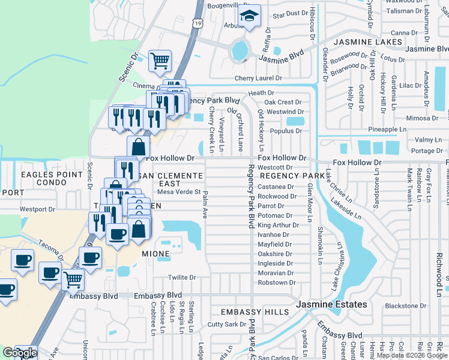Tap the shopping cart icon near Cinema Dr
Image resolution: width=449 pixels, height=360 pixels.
click(160, 60)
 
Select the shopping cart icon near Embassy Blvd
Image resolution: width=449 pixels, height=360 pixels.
click(73, 278)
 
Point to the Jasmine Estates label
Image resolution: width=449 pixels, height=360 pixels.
click(331, 305)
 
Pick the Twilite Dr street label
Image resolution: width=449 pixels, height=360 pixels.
click(182, 277)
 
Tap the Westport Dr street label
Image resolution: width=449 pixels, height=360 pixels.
click(37, 209)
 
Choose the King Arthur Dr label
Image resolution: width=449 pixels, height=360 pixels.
click(278, 225)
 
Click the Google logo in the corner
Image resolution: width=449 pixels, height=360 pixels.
click(20, 353)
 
